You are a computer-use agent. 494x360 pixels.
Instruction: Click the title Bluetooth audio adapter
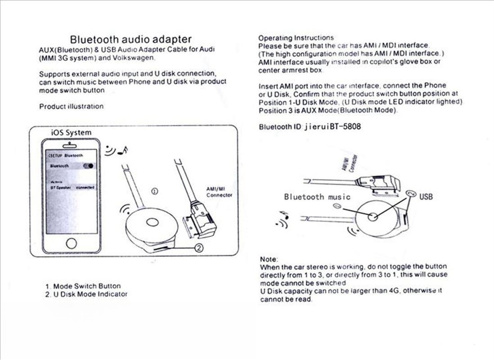coord(130,39)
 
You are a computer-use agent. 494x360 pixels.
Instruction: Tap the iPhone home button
coord(71,243)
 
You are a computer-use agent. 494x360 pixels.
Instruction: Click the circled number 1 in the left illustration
coord(154,191)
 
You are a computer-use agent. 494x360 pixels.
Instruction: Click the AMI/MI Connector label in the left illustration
coord(219,192)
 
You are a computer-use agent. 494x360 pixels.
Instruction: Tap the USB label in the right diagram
coord(426,197)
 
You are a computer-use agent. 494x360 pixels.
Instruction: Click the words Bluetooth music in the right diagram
coord(317,197)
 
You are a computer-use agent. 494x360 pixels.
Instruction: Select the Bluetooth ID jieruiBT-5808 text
coord(310,127)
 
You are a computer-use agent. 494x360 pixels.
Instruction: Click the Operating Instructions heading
coord(296,38)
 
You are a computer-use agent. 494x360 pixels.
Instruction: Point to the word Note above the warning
coord(269,259)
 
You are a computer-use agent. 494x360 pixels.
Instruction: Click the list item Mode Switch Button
coord(86,286)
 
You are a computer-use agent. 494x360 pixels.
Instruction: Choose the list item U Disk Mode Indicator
coord(90,294)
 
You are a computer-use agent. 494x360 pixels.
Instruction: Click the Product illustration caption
coord(71,107)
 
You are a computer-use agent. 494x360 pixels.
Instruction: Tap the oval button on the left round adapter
coord(152,222)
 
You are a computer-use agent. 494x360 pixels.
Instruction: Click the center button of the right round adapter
coord(373,217)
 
